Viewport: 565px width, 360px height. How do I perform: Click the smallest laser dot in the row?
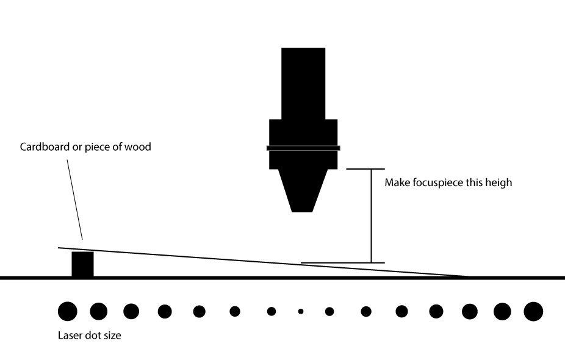click(301, 311)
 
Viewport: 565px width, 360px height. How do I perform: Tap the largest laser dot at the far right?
click(533, 311)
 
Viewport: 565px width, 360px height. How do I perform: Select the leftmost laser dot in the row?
click(68, 311)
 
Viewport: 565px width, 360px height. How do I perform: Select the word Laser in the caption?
click(70, 335)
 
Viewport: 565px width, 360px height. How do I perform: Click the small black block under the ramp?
click(83, 264)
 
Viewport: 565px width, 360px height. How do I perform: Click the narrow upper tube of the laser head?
click(303, 82)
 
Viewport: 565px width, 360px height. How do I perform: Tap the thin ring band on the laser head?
click(303, 148)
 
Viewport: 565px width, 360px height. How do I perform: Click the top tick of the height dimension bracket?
click(365, 168)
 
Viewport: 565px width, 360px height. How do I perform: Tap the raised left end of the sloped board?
click(60, 248)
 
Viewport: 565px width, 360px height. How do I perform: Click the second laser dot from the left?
click(99, 311)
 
